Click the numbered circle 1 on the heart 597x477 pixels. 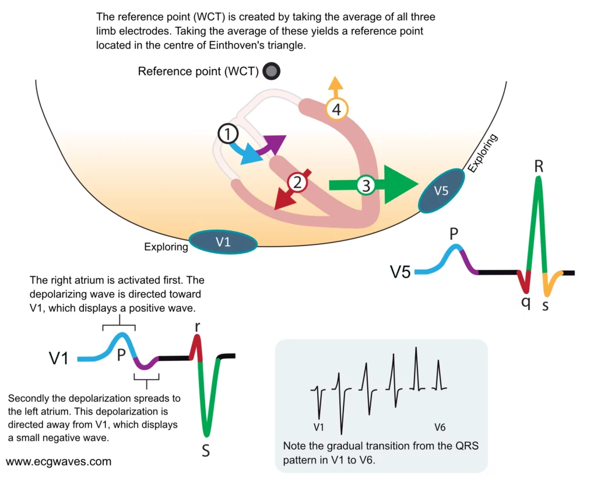[228, 134]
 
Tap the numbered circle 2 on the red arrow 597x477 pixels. [297, 183]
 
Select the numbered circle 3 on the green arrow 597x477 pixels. [366, 185]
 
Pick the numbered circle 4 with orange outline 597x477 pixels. [336, 108]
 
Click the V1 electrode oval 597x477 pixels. [223, 242]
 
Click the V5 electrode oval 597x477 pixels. [442, 191]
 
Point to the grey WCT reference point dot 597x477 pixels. [271, 72]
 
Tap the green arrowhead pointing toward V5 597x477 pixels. [402, 184]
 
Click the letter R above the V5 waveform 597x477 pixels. [539, 166]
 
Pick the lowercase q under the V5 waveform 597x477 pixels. [526, 304]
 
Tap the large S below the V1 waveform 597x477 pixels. [206, 451]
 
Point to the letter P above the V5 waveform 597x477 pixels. [454, 234]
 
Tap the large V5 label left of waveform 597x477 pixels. [401, 272]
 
